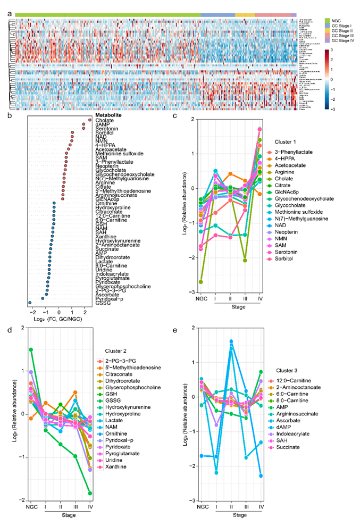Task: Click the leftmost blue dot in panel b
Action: (30, 302)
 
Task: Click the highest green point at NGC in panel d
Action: (31, 349)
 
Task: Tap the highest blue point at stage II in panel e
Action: (231, 341)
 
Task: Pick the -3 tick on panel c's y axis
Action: (192, 292)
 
